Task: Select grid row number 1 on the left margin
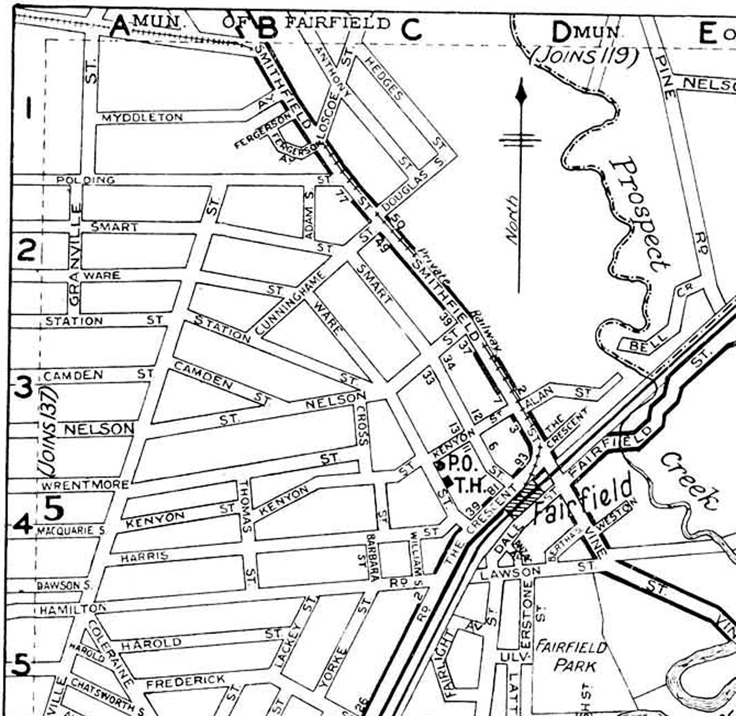coord(28,107)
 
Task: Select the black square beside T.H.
coord(447,483)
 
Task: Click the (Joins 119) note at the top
coord(584,55)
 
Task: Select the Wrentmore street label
coord(85,486)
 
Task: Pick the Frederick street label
coord(185,681)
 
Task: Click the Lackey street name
coord(287,647)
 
